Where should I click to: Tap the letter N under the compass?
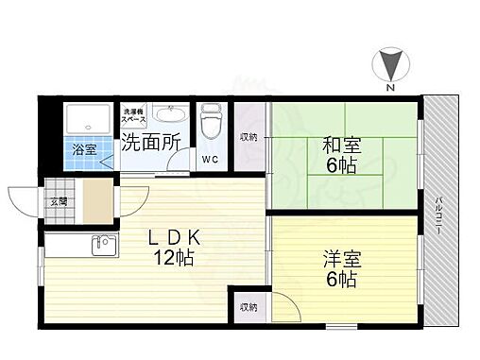click(x=388, y=88)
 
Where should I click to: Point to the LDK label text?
click(x=170, y=238)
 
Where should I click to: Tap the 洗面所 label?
click(x=150, y=144)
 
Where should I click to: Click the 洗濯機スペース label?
click(x=133, y=117)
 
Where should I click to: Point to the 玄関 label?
click(x=59, y=201)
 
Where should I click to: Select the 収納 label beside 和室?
click(x=248, y=138)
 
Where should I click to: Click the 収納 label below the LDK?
click(x=248, y=307)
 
